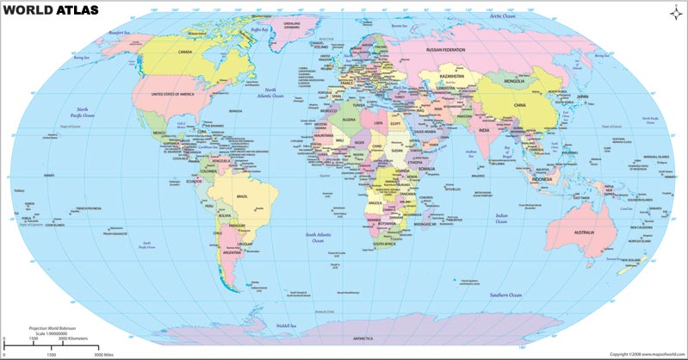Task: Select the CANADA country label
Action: click(x=185, y=51)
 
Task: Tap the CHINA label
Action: click(x=518, y=105)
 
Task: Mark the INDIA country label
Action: click(x=484, y=130)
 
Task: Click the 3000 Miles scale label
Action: click(x=104, y=355)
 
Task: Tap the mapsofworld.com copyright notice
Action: click(x=646, y=354)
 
